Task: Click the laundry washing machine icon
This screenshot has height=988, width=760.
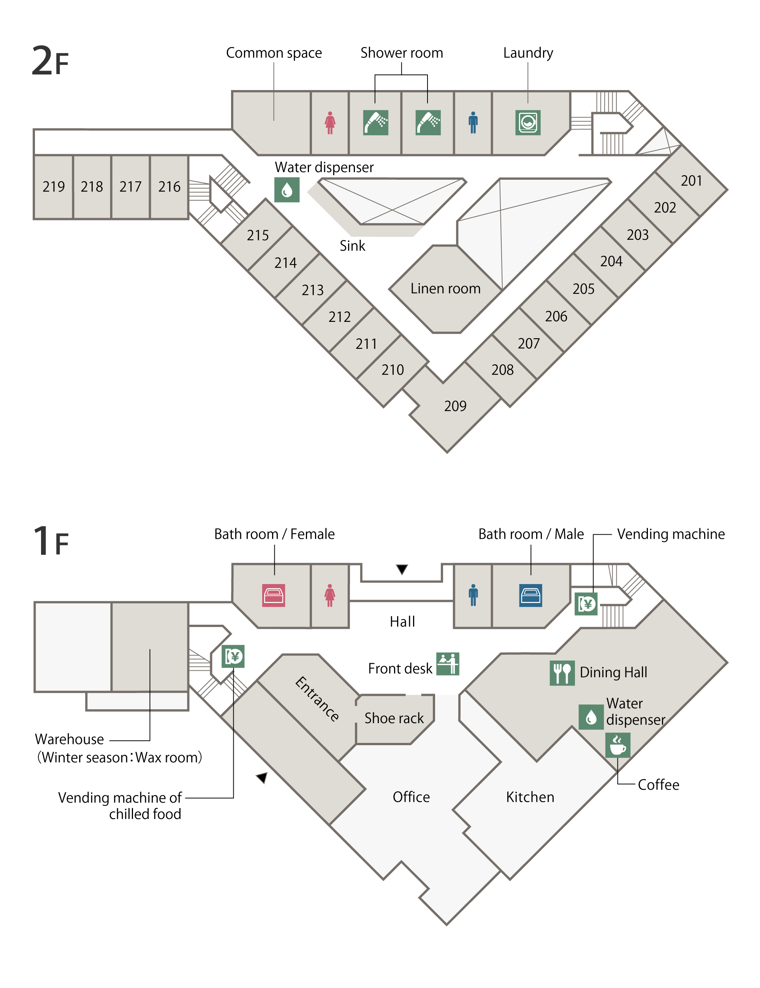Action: pyautogui.click(x=528, y=123)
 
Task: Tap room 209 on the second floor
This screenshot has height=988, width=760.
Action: pyautogui.click(x=455, y=406)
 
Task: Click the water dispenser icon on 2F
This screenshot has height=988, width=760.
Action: pyautogui.click(x=287, y=190)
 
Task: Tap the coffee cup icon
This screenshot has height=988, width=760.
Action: pyautogui.click(x=617, y=745)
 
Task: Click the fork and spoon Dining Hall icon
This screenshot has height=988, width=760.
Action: pyautogui.click(x=562, y=673)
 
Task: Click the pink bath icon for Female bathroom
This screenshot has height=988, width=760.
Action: pyautogui.click(x=274, y=595)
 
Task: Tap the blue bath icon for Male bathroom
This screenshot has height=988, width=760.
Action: pyautogui.click(x=530, y=595)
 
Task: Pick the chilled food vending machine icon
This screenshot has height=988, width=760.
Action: pyautogui.click(x=233, y=656)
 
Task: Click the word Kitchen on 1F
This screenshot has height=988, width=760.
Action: pyautogui.click(x=530, y=797)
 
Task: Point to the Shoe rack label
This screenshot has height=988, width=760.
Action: pyautogui.click(x=394, y=718)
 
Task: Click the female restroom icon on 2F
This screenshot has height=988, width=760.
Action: pyautogui.click(x=330, y=123)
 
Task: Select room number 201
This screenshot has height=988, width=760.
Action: pyautogui.click(x=691, y=181)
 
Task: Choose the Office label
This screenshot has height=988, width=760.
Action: pyautogui.click(x=411, y=797)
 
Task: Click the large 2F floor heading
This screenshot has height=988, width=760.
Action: pyautogui.click(x=50, y=61)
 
